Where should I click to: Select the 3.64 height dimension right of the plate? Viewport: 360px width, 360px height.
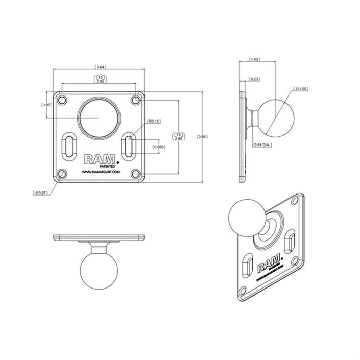tap(203, 137)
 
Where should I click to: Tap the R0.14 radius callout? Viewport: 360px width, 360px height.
tap(153, 121)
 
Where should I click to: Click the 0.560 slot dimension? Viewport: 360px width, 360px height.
tap(158, 147)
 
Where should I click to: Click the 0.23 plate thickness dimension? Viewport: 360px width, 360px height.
tap(254, 79)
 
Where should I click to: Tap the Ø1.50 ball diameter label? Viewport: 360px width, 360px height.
tap(301, 89)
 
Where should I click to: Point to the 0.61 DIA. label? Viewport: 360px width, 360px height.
tap(263, 145)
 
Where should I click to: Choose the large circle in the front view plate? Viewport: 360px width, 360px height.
tap(99, 113)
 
